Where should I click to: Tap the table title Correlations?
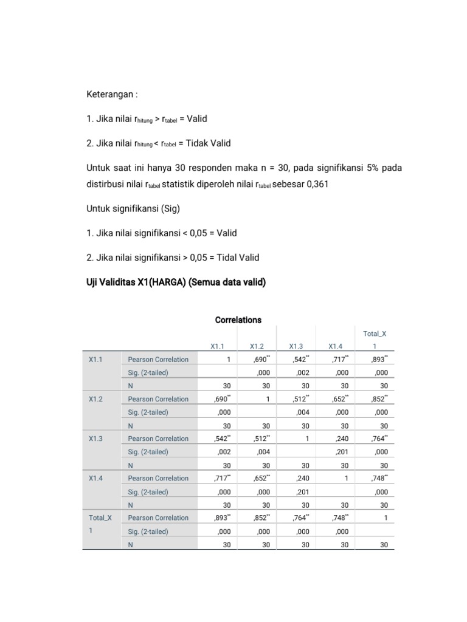(x=238, y=320)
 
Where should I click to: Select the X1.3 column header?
(x=297, y=346)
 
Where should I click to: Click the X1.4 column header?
(x=336, y=346)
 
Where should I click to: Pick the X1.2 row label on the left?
(x=95, y=399)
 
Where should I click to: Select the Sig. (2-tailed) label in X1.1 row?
(x=148, y=373)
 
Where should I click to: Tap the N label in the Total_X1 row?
(x=130, y=545)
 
